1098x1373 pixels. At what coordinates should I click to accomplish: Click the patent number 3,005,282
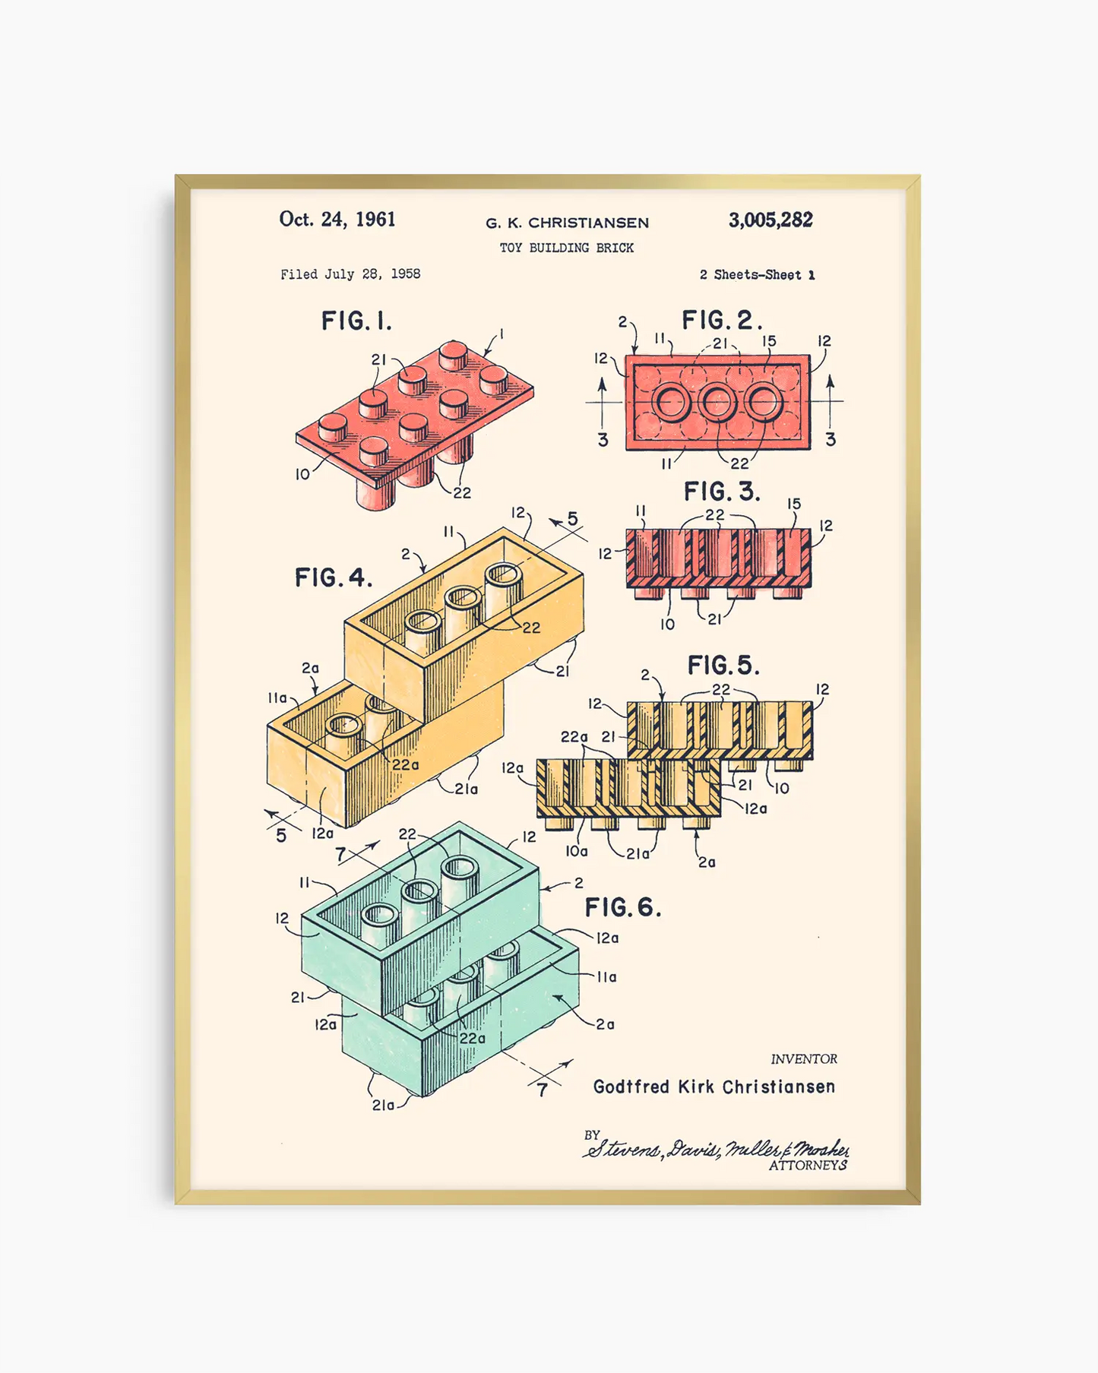coord(770,220)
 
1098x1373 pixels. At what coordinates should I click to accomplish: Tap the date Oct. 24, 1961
coord(337,220)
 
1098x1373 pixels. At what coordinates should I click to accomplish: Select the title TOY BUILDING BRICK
coord(566,248)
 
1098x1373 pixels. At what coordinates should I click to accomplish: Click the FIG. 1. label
coord(356,321)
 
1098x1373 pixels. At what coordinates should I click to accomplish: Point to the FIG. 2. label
coord(721,321)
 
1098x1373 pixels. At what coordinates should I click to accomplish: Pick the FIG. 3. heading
coord(721,492)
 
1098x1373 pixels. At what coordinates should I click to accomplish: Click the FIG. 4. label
coord(334,578)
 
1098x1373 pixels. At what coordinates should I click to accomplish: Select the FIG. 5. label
coord(723,666)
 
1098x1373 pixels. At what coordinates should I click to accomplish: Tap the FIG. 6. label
coord(622,907)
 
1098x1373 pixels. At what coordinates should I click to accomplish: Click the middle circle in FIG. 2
coord(717,402)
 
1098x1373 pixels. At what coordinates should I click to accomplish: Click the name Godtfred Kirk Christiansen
coord(714,1087)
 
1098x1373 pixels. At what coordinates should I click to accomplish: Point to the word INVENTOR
coord(804,1059)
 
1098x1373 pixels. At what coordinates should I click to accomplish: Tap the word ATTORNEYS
coord(808,1166)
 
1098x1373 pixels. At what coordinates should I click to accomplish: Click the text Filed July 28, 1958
coord(350,274)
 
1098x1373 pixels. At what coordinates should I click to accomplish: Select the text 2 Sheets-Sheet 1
coord(757,275)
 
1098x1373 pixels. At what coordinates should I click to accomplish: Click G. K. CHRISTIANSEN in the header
coord(567,223)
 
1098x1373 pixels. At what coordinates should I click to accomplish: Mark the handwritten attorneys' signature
coord(714,1148)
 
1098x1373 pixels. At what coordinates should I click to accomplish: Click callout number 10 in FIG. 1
coord(302,475)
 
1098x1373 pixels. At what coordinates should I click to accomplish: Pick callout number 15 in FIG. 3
coord(794,504)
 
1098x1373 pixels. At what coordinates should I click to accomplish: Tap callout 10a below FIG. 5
coord(576,852)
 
